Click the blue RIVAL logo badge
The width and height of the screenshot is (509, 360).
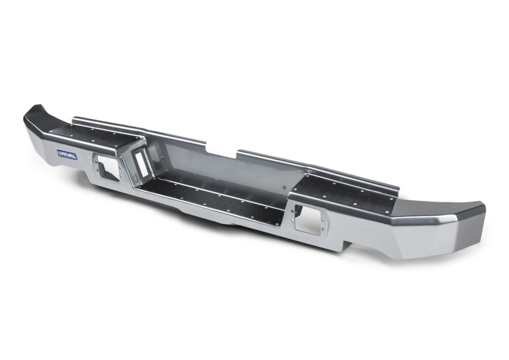[67, 154]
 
